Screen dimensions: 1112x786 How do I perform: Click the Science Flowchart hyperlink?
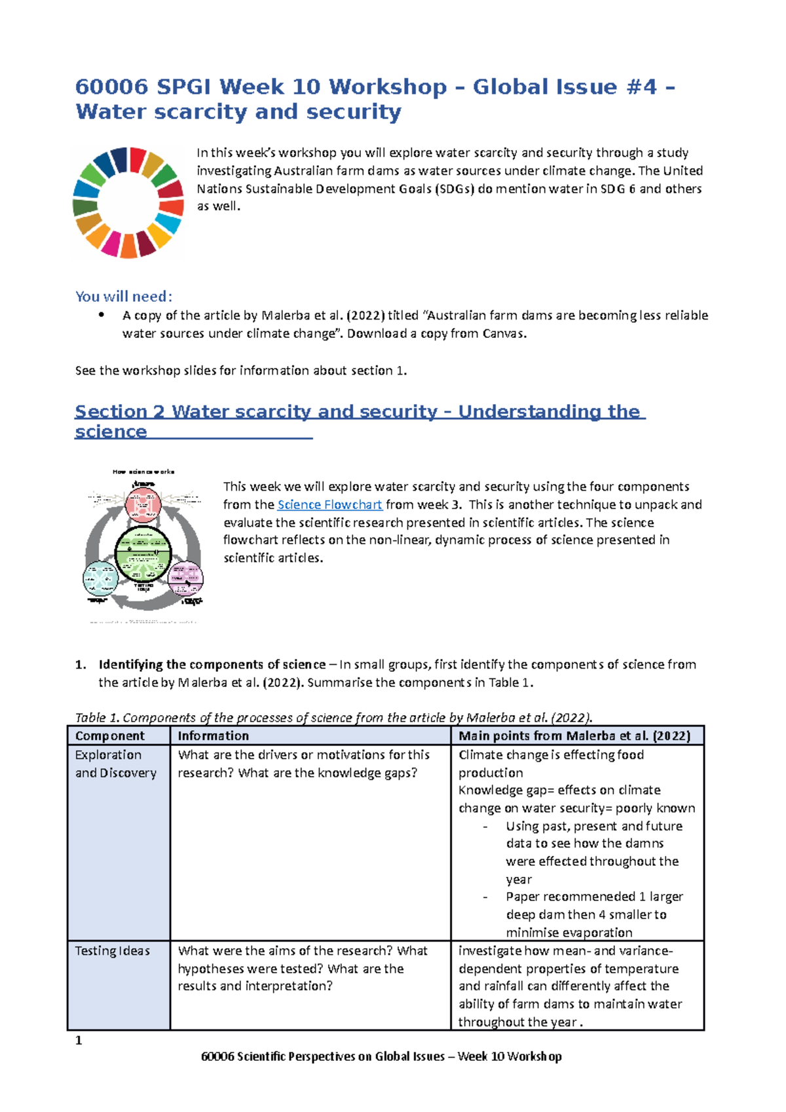[329, 505]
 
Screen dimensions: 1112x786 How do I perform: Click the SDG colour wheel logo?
[128, 202]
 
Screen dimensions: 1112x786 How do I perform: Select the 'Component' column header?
[109, 736]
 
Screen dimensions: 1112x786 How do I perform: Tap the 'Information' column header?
[213, 736]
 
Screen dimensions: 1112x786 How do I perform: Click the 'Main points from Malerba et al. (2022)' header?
[574, 736]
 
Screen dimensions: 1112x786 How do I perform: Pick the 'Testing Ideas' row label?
[112, 951]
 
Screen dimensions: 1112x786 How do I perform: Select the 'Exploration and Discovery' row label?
[115, 764]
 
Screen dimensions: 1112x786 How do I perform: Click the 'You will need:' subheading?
[124, 297]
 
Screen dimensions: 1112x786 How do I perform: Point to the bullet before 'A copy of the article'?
[101, 315]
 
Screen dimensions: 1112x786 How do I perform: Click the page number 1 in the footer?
[79, 1041]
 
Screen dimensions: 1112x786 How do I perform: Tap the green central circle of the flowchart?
[143, 554]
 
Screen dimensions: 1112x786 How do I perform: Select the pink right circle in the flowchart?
[186, 578]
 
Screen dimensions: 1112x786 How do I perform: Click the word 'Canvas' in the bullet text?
[503, 333]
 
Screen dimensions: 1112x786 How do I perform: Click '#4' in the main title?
[641, 86]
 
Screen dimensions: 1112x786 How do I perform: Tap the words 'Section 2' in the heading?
[119, 411]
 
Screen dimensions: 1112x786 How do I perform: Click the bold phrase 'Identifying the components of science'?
[212, 665]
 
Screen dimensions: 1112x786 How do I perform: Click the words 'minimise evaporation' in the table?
[569, 933]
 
